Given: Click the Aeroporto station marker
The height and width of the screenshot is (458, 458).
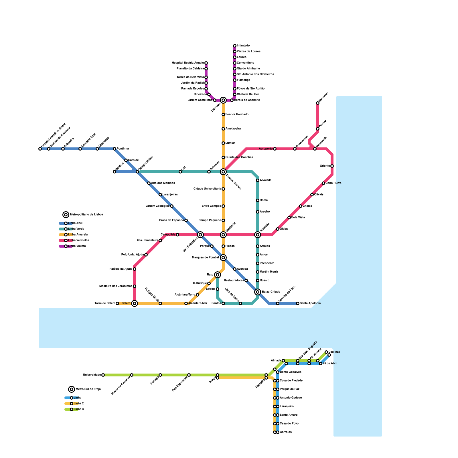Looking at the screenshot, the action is click(275, 149).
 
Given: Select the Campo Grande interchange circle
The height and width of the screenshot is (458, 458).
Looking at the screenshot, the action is click(223, 172).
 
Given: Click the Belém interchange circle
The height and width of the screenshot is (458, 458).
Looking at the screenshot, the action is click(135, 303).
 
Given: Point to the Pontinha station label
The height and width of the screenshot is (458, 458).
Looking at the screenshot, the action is click(123, 149).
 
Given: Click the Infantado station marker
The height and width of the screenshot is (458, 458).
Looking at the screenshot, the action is click(235, 46).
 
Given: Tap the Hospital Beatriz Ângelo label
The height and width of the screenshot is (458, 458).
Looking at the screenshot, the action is click(188, 63).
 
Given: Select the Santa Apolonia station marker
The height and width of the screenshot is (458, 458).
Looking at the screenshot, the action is click(298, 303).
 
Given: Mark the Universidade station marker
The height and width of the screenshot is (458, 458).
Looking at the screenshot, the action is click(103, 375).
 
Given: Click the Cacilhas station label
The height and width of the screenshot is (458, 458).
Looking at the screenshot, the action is click(334, 352).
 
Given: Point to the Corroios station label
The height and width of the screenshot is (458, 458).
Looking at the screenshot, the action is click(286, 432).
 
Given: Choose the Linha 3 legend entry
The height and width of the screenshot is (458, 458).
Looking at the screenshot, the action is click(78, 409).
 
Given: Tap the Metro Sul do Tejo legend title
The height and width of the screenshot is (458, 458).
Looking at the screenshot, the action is click(88, 389).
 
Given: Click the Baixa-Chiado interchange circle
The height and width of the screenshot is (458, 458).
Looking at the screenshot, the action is click(258, 292).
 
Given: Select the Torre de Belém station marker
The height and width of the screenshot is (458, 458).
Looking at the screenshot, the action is click(117, 303).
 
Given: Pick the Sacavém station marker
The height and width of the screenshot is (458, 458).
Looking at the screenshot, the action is click(318, 103).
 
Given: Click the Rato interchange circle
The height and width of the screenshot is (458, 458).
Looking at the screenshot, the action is click(218, 275).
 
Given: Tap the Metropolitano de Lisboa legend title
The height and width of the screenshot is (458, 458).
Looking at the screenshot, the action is click(86, 215).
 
